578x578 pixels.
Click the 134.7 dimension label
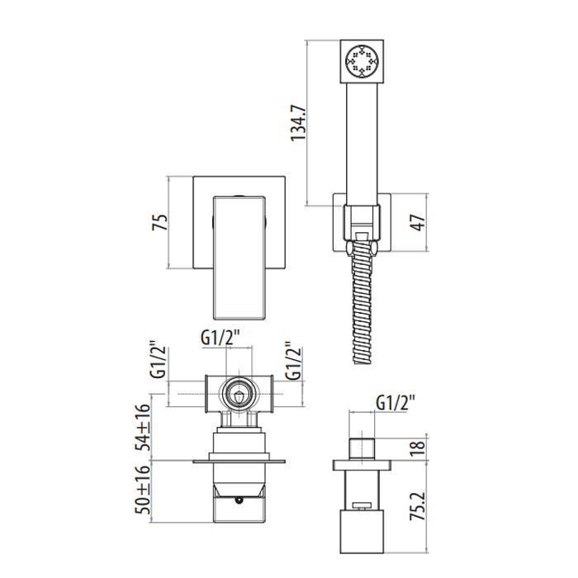pos(298,122)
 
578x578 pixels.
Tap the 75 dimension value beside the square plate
pos(159,222)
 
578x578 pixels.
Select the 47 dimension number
pos(418,222)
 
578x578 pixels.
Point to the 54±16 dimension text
pos(143,427)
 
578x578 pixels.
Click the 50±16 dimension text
pos(143,490)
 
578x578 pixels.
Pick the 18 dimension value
pos(418,448)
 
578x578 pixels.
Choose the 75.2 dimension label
pos(418,505)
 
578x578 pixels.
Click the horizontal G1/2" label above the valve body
pos(220,337)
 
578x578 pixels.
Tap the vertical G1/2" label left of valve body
pos(159,362)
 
